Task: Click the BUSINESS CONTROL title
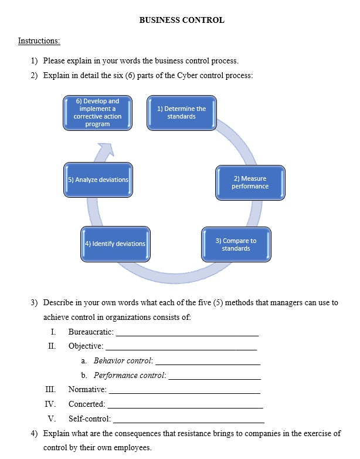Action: coord(182,20)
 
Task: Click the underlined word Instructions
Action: coord(39,41)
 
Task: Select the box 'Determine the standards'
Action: coord(181,112)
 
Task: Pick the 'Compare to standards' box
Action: coord(236,244)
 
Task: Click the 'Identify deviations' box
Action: coord(114,243)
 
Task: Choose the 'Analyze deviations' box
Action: coord(98,179)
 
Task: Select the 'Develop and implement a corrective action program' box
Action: coord(97,112)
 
